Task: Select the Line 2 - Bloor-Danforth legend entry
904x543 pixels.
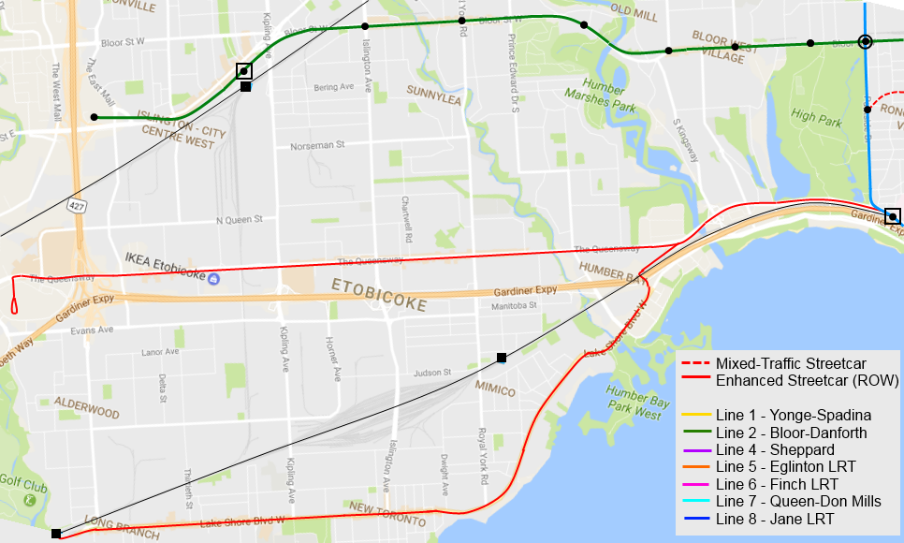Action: pos(791,433)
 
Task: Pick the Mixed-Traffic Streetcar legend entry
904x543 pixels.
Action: pos(791,363)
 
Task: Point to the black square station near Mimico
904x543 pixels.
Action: pos(502,358)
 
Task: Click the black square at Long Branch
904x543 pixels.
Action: pos(56,534)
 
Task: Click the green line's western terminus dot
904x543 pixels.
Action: pos(94,117)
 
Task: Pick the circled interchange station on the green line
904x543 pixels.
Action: pos(866,41)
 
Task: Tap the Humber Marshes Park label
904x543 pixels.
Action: pos(600,100)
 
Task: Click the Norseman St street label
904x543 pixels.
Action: pos(317,146)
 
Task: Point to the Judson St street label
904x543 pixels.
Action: pos(427,372)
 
